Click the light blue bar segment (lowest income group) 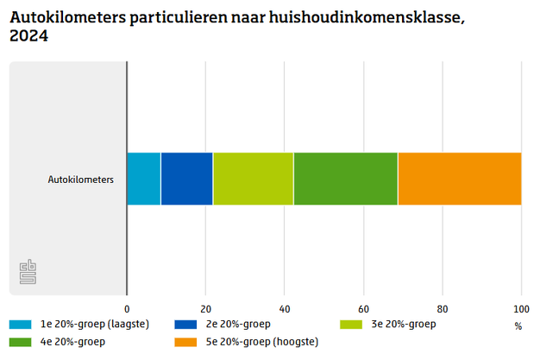[x=143, y=179]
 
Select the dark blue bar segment [x=186, y=179]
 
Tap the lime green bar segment [x=253, y=179]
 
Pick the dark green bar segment [x=345, y=179]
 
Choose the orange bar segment [x=459, y=179]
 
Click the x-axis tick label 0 [x=127, y=308]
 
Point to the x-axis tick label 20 [x=205, y=308]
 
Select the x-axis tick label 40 [x=284, y=308]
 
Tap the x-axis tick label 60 [x=363, y=308]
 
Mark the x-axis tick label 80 [x=442, y=308]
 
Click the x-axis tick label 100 [x=520, y=308]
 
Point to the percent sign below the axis [x=518, y=326]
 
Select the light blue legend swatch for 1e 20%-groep [x=21, y=325]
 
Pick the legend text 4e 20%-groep [x=72, y=343]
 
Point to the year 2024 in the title [x=28, y=36]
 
